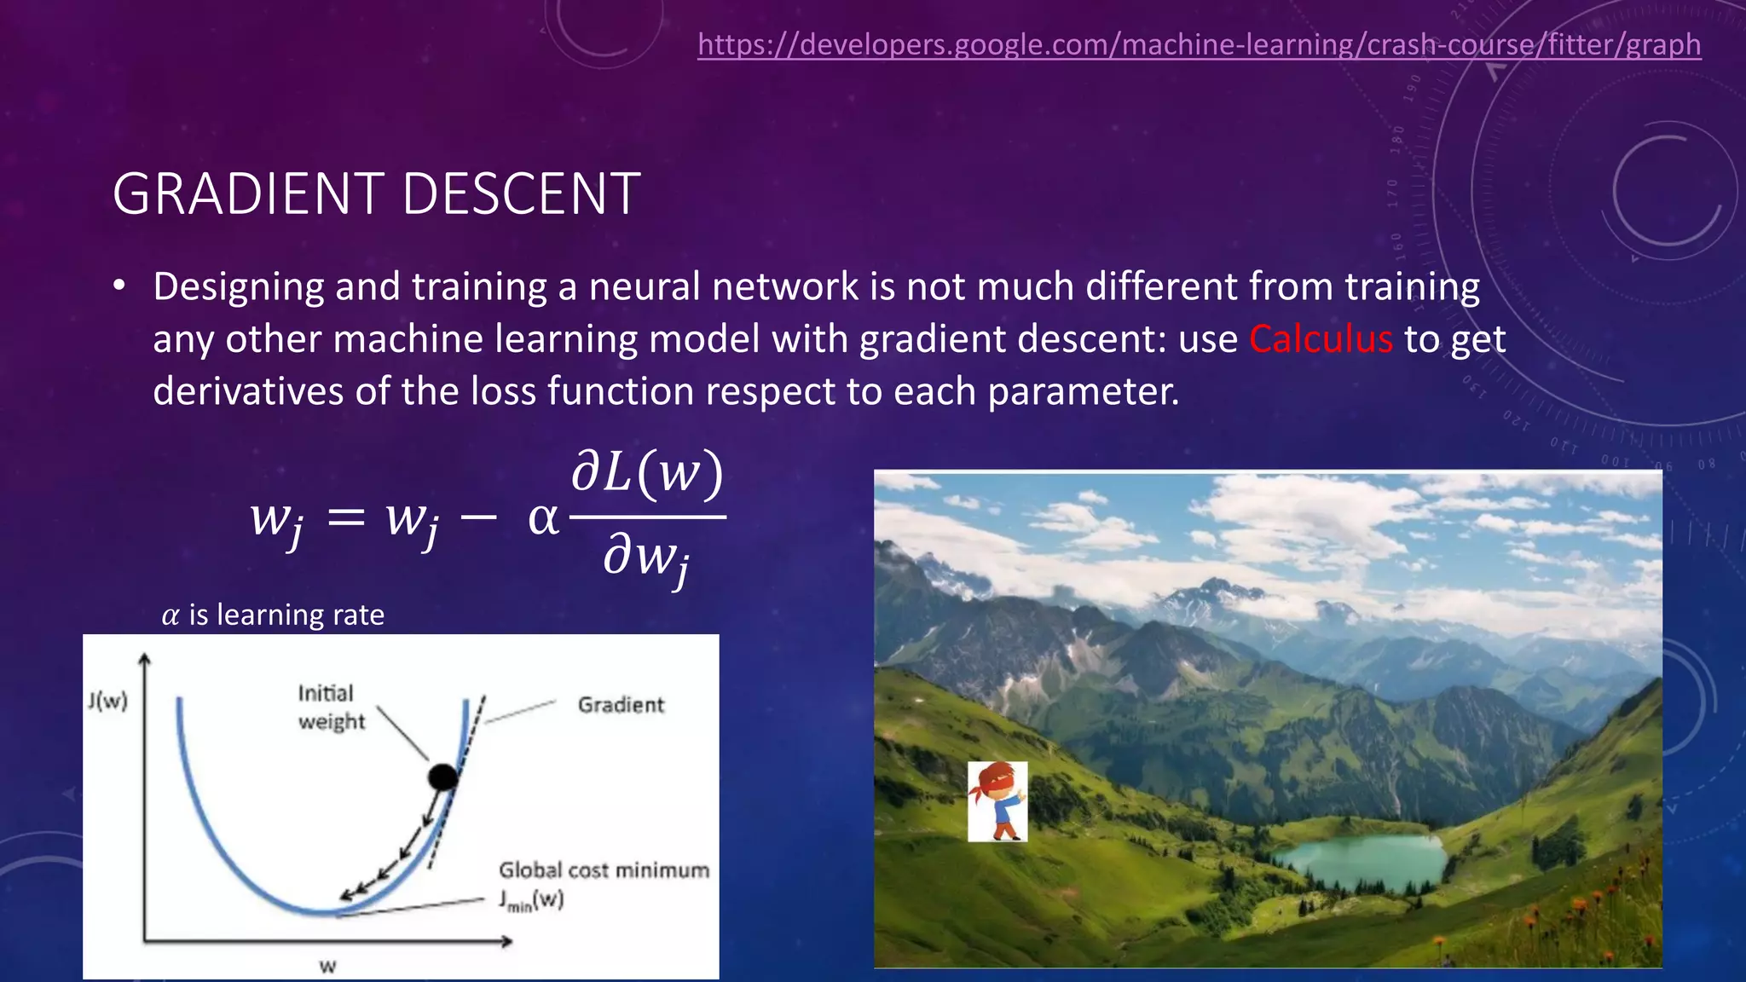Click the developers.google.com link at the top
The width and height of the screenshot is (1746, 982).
coord(1199,44)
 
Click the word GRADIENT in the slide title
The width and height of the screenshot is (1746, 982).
coord(248,194)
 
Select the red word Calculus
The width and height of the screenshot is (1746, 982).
coord(1321,339)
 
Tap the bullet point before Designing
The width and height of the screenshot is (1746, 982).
coord(119,286)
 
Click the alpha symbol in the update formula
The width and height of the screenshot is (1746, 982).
coord(543,518)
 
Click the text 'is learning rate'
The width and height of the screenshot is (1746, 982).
coord(286,615)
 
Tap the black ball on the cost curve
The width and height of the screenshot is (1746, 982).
coord(442,777)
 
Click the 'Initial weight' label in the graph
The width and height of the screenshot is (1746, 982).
coord(331,707)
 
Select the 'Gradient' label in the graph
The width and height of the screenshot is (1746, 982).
coord(621,705)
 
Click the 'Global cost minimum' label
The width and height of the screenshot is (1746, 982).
coord(604,870)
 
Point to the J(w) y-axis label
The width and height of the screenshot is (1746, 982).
coord(107,701)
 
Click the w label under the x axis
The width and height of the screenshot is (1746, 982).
coord(327,967)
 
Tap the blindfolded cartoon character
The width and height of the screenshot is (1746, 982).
coord(997,801)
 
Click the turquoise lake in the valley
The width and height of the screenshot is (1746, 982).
coord(1364,861)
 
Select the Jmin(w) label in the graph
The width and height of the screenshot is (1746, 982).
coord(531,900)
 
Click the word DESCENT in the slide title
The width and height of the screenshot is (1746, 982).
coord(521,194)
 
